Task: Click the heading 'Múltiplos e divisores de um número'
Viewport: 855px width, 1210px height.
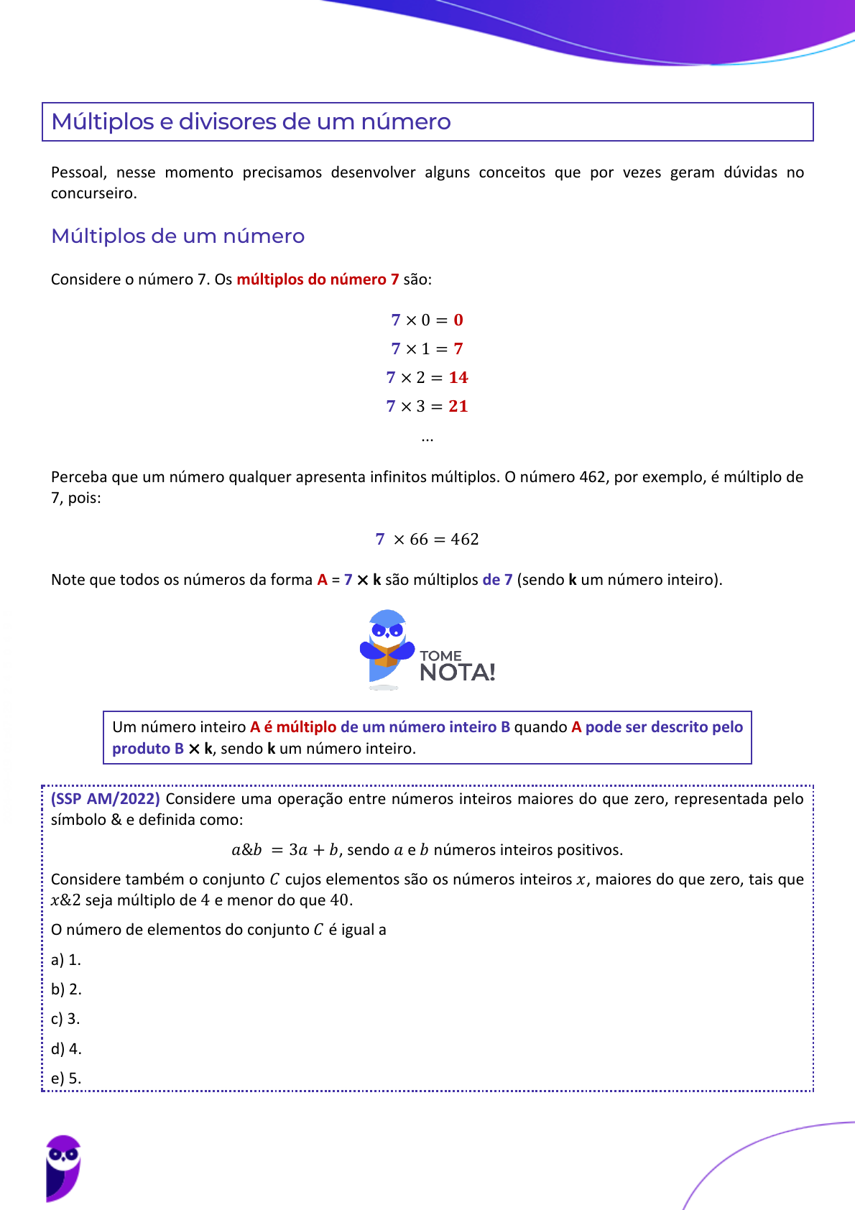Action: (x=251, y=121)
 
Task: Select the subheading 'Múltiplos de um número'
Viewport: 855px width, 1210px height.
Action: (x=177, y=236)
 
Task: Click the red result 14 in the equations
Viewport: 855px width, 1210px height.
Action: (x=458, y=377)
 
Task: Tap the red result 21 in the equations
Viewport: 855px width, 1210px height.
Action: (x=458, y=406)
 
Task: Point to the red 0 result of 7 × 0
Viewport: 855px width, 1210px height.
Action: (x=458, y=320)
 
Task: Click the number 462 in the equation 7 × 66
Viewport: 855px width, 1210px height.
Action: (x=465, y=539)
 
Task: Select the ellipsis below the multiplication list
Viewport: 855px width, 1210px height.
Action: (x=427, y=438)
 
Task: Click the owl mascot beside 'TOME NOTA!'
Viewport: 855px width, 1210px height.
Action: (x=387, y=647)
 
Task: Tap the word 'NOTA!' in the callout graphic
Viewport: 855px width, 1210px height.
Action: (x=457, y=673)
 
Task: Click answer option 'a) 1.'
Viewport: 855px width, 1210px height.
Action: (x=66, y=960)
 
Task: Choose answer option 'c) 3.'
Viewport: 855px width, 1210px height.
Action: (x=65, y=1019)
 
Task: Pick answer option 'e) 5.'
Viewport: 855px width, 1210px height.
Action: (x=66, y=1079)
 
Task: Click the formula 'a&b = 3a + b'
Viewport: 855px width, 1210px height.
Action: (x=285, y=850)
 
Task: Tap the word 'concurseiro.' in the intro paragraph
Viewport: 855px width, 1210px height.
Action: (x=93, y=193)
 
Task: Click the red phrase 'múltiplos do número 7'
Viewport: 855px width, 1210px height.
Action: (x=318, y=280)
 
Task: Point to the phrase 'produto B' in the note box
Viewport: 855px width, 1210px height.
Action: (x=148, y=749)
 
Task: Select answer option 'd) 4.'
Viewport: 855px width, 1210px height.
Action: (x=66, y=1049)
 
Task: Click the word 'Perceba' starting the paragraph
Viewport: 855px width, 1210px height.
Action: (x=75, y=477)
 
